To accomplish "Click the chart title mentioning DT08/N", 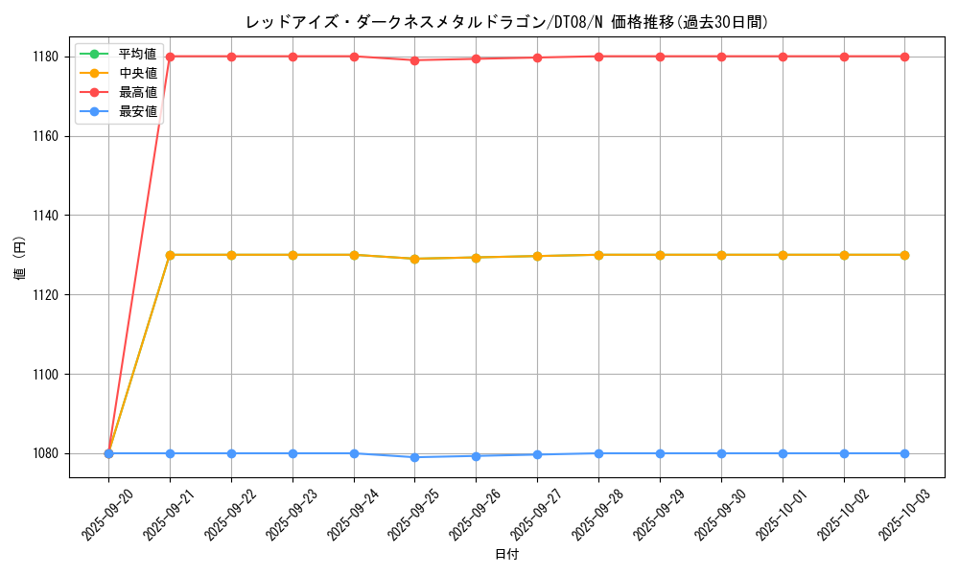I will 506,22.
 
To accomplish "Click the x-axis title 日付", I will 506,555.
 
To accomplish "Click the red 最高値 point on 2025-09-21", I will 170,57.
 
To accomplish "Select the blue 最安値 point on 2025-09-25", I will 415,457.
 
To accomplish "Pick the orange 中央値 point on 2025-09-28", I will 598,255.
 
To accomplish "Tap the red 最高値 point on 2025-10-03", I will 905,57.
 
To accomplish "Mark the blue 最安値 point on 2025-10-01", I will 783,453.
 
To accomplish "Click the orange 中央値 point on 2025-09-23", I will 292,255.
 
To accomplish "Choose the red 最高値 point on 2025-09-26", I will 477,58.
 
